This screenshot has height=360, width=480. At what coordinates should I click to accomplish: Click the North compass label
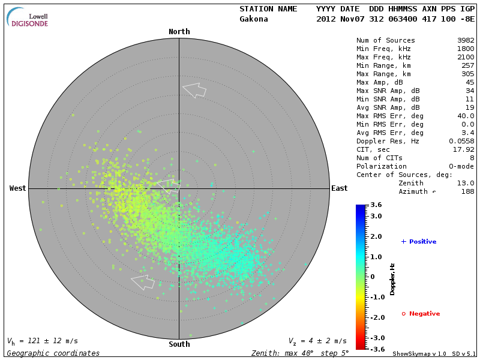click(x=179, y=32)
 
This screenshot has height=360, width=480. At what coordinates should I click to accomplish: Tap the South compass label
click(x=179, y=344)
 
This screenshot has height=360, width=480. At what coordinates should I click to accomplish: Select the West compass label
click(x=18, y=188)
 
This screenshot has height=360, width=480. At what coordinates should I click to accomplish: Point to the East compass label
click(x=339, y=188)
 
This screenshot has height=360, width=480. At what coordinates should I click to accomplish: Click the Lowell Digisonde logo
click(x=28, y=17)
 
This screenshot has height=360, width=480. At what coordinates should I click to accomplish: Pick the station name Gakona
click(x=254, y=19)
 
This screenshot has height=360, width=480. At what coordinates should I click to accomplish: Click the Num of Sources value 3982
click(x=466, y=41)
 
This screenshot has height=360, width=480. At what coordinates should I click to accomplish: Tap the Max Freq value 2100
click(x=466, y=58)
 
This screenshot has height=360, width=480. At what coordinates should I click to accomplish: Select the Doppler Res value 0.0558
click(x=461, y=141)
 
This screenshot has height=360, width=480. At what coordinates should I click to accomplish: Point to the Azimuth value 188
click(x=467, y=191)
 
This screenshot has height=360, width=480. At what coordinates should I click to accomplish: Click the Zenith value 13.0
click(x=466, y=183)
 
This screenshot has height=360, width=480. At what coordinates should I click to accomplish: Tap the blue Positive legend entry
click(x=419, y=242)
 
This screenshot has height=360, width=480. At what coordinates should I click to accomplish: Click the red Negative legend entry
click(x=421, y=314)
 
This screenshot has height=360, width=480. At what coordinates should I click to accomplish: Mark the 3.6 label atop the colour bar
click(x=376, y=205)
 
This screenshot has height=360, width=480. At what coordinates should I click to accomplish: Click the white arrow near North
click(x=194, y=90)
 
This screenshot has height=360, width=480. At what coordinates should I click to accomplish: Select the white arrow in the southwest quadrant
click(x=143, y=281)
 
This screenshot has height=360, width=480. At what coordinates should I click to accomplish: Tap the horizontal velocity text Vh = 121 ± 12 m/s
click(x=43, y=341)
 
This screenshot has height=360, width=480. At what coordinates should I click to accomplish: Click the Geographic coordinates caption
click(x=53, y=353)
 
